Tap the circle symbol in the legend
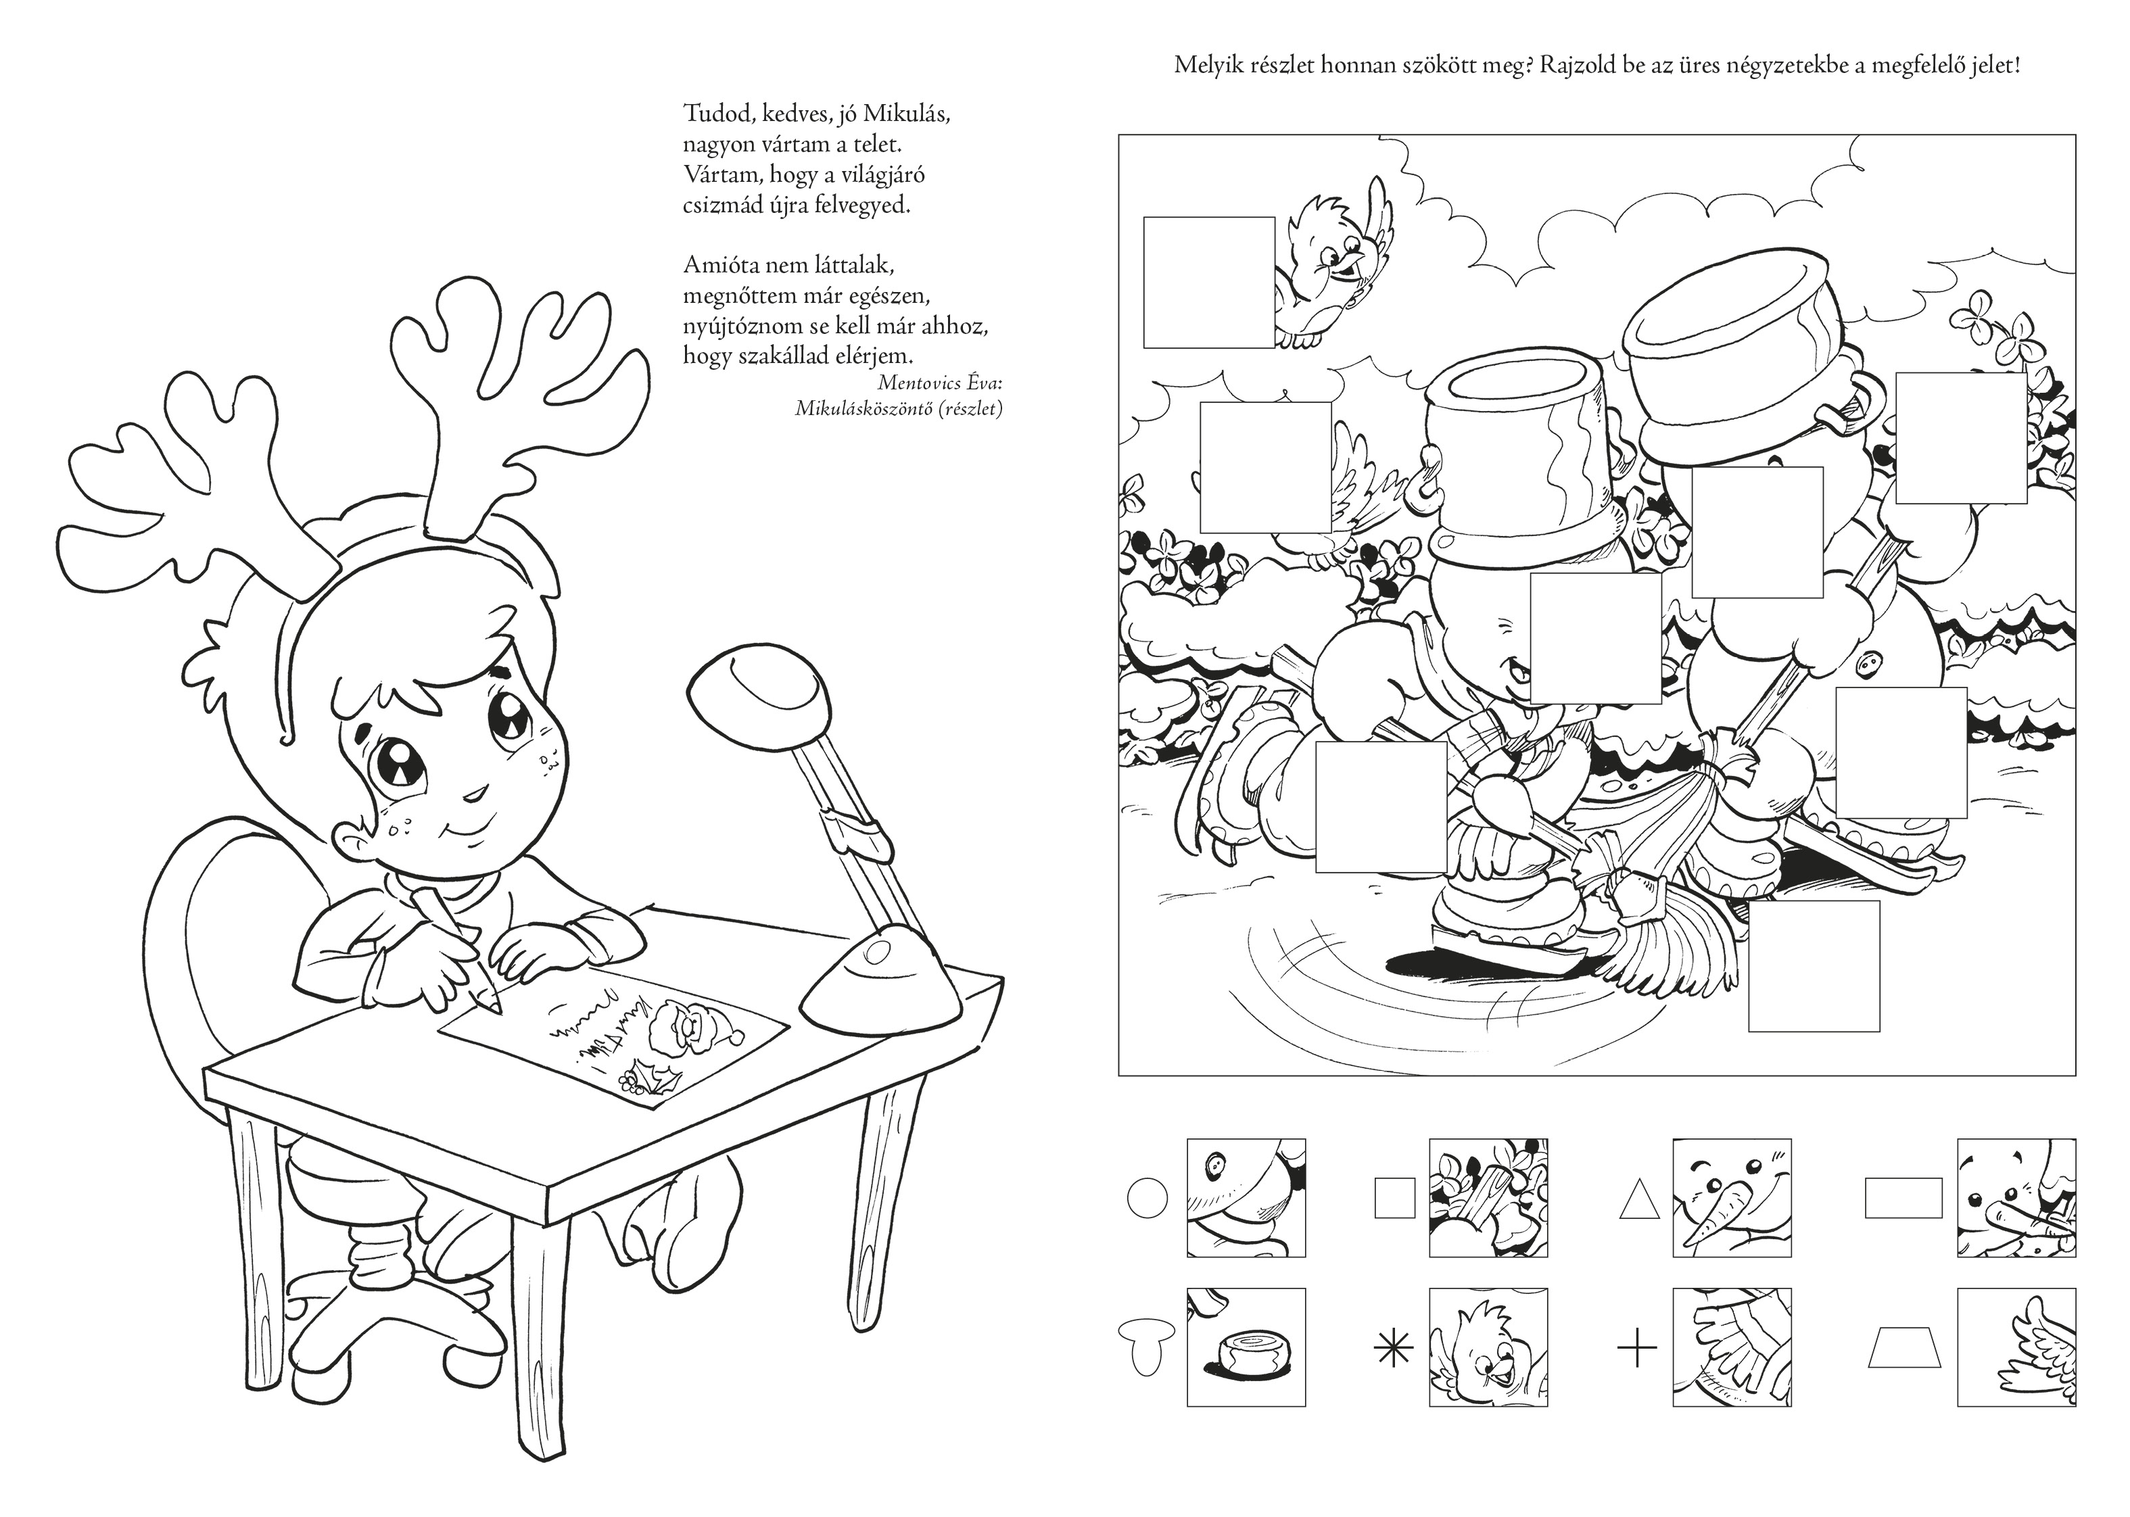tap(1147, 1197)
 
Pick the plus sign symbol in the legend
tap(1637, 1348)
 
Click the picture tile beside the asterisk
tap(1488, 1348)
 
